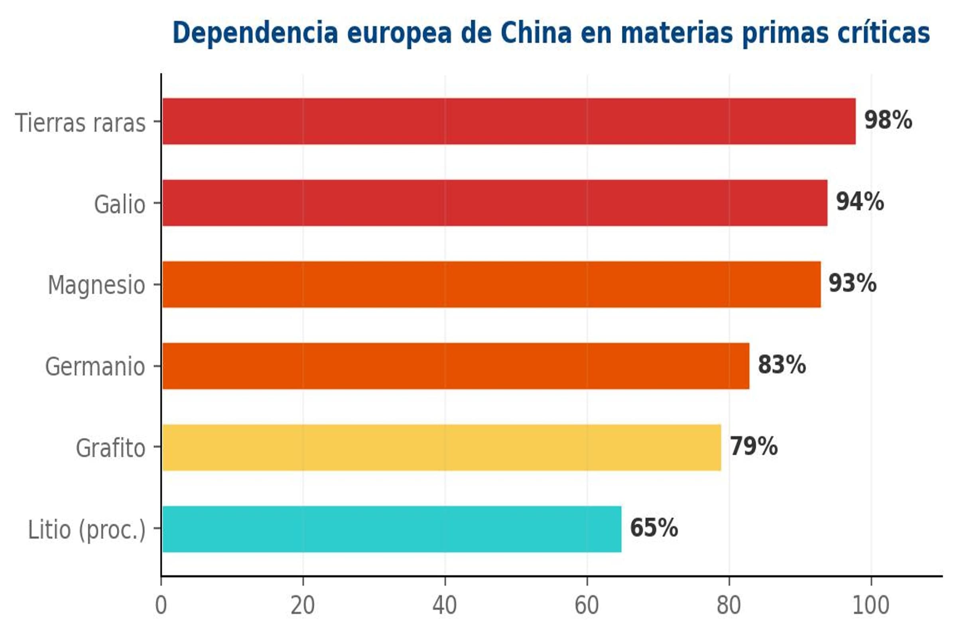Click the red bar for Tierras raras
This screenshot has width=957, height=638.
(509, 121)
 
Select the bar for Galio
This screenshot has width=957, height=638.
(494, 203)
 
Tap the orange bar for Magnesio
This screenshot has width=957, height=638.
(491, 284)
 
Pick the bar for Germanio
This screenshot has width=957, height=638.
(456, 366)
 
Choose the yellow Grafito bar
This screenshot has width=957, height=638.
(441, 447)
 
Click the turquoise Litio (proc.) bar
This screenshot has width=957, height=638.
(392, 529)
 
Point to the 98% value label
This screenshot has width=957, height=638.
(888, 120)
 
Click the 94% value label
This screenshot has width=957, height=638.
(860, 201)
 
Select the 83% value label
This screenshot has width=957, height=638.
(781, 364)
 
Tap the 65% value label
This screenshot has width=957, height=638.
(654, 528)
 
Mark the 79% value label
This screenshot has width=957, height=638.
(753, 446)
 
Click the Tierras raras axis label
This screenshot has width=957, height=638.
(80, 123)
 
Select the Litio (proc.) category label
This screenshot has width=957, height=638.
(87, 530)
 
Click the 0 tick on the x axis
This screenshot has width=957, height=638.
(161, 605)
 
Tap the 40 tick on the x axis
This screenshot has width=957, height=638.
(445, 605)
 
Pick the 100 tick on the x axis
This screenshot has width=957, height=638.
(871, 605)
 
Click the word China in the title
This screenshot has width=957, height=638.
(536, 33)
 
